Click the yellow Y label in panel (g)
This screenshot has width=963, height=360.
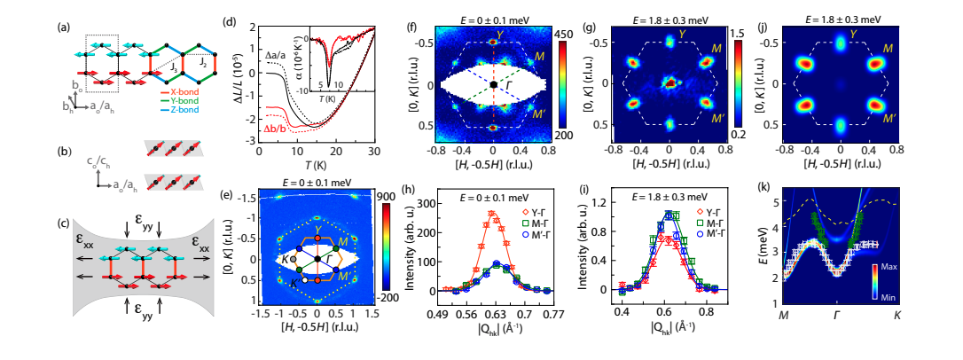[682, 35]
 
